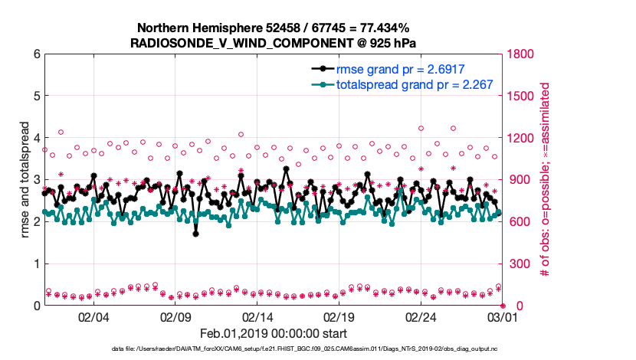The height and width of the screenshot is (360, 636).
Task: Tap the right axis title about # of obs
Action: (546, 180)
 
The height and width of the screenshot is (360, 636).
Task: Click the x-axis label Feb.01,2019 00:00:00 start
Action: (273, 333)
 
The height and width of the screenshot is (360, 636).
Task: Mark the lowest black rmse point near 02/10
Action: (196, 234)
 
